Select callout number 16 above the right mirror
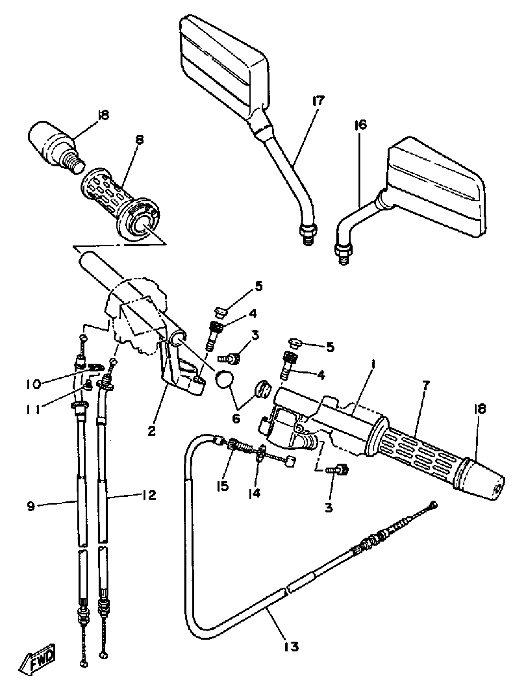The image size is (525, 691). tap(360, 125)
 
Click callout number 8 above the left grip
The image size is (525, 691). tap(140, 140)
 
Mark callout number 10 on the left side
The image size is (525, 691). tap(33, 384)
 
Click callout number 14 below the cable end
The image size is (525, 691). tap(255, 493)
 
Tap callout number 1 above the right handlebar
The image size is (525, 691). tap(374, 365)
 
